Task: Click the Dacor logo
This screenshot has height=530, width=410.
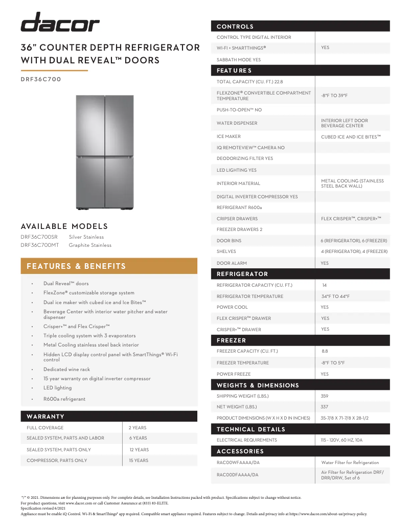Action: click(x=60, y=23)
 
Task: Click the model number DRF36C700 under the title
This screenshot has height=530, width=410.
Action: click(x=41, y=79)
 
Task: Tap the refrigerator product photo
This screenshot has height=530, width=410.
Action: click(x=105, y=152)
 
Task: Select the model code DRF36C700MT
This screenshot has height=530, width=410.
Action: click(x=40, y=245)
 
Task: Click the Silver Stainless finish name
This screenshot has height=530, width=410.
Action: click(x=86, y=237)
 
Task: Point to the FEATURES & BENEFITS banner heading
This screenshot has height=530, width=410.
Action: click(x=76, y=266)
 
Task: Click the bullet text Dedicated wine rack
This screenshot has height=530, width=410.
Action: click(x=66, y=370)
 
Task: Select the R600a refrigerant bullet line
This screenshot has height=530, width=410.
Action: click(x=64, y=399)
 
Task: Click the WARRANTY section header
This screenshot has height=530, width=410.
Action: click(x=45, y=417)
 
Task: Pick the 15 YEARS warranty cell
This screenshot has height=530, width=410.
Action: click(x=139, y=460)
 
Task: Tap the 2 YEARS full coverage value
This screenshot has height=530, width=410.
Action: click(x=138, y=428)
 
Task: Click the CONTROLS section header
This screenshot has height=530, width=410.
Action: click(x=235, y=27)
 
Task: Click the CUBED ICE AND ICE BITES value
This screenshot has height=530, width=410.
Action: click(x=351, y=137)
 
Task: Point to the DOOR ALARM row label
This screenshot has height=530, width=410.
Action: click(x=232, y=263)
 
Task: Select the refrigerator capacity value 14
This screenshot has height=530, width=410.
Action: click(x=325, y=285)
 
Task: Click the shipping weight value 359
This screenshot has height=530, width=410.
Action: click(x=325, y=396)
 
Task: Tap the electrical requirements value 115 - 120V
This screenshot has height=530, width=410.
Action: click(x=341, y=440)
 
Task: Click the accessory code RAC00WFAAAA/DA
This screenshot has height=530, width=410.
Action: click(x=238, y=463)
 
